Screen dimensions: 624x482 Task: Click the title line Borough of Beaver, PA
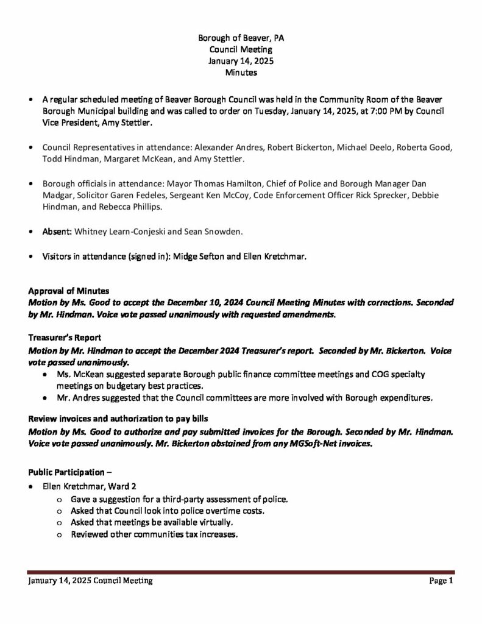tap(241, 38)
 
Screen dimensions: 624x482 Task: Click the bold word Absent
tap(57, 232)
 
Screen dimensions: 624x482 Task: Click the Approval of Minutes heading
tap(69, 291)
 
